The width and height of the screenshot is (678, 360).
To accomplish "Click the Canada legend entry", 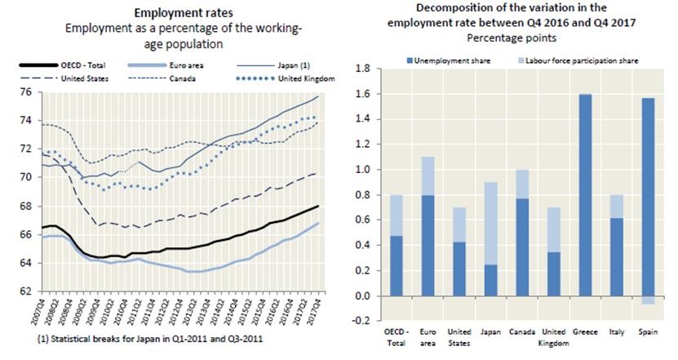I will [179, 79].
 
